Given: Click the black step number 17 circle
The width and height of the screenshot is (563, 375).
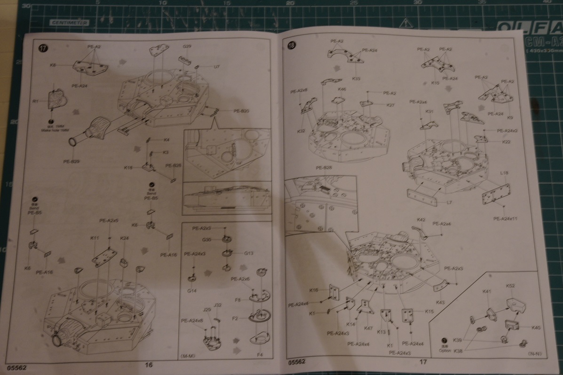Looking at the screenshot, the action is point(42,48).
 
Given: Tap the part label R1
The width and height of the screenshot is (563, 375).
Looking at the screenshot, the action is point(35,101).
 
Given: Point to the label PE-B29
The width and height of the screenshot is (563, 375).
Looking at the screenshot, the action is point(71,162).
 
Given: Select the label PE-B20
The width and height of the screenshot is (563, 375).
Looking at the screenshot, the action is point(241,111).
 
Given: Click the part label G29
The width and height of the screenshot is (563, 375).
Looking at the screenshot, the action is point(187,47).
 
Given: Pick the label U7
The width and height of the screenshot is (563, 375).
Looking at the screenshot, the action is point(216,67).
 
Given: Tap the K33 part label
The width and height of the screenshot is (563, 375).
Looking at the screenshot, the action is point(356,78).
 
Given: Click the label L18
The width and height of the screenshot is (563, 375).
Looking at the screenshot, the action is point(504,173).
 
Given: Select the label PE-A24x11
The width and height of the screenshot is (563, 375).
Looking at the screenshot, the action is point(506,219).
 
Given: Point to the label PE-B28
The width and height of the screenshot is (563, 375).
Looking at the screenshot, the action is point(324,168).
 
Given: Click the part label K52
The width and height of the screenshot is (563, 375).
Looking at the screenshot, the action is point(510,286).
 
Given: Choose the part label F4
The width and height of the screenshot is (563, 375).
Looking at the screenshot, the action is point(260,354).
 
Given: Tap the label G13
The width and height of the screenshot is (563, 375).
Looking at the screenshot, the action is point(249,253).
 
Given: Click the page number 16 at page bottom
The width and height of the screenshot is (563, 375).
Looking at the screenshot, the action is point(149,364).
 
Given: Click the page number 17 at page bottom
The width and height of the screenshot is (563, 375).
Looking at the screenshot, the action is point(423,361).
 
